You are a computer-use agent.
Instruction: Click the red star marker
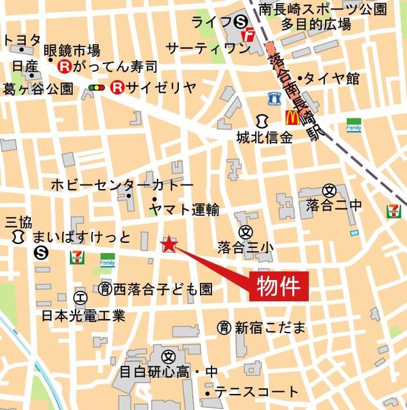168,243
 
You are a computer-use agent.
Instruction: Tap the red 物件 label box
279,286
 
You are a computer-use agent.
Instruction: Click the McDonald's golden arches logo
292,117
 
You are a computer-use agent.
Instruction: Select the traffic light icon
97,88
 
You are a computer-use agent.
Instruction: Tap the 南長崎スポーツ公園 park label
332,9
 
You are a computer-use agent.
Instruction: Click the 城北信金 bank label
264,138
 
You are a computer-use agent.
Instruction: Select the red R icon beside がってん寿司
64,66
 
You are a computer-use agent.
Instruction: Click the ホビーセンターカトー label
122,185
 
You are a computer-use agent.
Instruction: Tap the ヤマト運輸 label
184,209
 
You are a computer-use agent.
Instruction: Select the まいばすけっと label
81,238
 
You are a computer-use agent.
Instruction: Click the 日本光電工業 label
83,315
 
